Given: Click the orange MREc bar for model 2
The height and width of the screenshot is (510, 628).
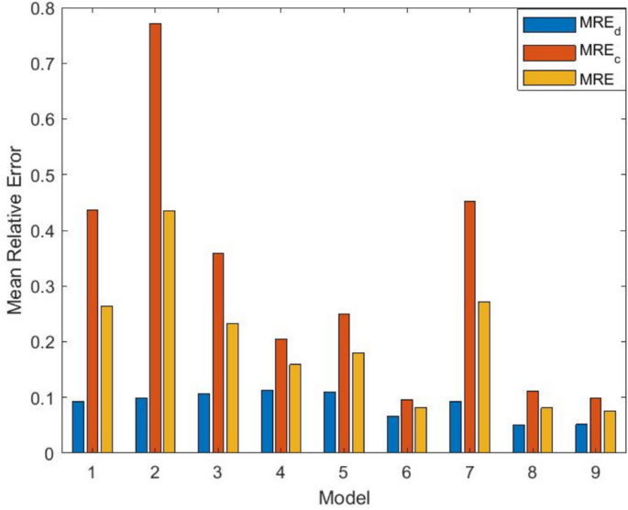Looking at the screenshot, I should point(156,238).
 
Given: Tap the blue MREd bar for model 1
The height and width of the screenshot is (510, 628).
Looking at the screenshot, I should point(79,427).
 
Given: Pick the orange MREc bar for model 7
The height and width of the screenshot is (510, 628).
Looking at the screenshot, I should point(470,327).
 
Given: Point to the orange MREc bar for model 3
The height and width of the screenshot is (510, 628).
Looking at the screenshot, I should point(218,353).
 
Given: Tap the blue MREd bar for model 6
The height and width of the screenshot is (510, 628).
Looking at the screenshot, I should point(393,435).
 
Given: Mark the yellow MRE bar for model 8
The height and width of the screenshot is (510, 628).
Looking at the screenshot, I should point(547,430).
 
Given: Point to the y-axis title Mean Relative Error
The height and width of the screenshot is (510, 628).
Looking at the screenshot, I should point(16,231).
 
